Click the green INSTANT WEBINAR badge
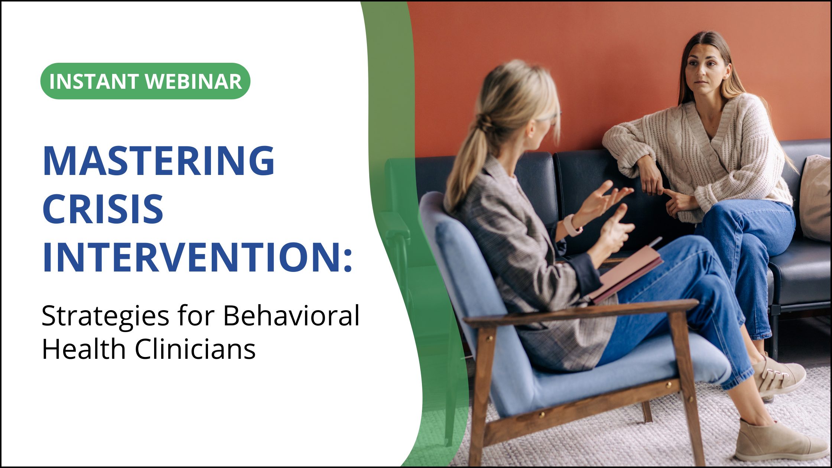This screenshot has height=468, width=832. [145, 81]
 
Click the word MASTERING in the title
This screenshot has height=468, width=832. [159, 161]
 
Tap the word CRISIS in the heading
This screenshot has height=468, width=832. [103, 209]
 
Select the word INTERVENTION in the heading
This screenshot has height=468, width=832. [197, 257]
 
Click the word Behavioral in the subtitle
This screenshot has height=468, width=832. [291, 316]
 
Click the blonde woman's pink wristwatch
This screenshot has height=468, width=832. [571, 225]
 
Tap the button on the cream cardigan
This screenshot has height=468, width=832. [712, 158]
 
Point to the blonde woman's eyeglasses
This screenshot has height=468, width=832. [550, 119]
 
